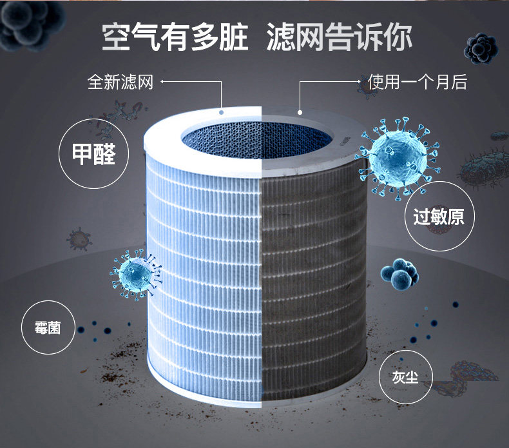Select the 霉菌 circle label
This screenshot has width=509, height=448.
tap(48, 327)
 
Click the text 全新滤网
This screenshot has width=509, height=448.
tap(120, 83)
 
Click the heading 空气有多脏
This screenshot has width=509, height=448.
tap(175, 37)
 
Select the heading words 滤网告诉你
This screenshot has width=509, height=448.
tap(339, 37)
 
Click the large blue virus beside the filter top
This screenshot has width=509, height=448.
tap(398, 155)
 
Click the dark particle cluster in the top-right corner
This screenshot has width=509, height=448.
tap(480, 47)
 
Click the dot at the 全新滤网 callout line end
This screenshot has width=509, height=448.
tap(222, 112)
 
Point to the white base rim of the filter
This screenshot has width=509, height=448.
tap(258, 403)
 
